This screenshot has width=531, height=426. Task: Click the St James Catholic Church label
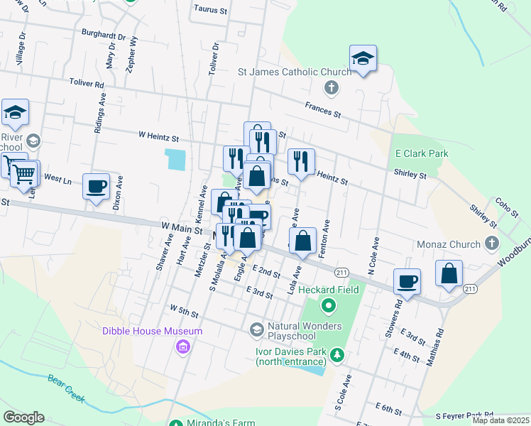click(295, 72)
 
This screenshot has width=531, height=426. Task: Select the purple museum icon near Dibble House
click(183, 346)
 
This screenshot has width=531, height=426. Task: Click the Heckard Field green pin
click(328, 307)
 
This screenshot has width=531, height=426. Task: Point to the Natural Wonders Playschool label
click(305, 332)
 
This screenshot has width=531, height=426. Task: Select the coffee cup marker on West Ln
click(97, 187)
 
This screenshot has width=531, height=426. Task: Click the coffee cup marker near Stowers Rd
click(407, 281)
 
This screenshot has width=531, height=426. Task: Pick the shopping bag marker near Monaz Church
click(449, 273)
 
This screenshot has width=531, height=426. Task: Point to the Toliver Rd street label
click(87, 84)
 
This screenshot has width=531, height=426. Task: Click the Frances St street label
click(323, 109)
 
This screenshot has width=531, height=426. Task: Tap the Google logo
click(23, 417)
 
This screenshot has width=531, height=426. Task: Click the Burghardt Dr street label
click(104, 34)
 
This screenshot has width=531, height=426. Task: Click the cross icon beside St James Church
click(330, 89)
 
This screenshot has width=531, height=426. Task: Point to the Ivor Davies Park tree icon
click(339, 354)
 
